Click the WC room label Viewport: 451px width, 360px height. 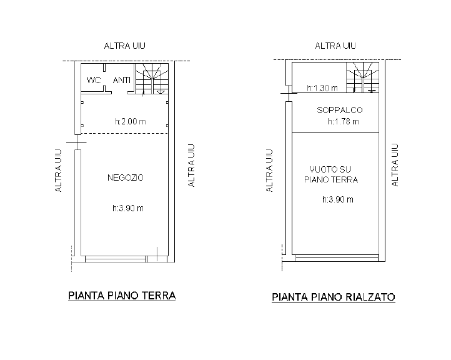[x=94, y=80]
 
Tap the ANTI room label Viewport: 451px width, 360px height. [x=121, y=80]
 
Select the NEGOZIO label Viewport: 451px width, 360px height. [x=126, y=177]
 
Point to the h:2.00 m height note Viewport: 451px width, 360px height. [x=131, y=122]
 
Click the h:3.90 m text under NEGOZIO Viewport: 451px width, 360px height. [x=127, y=208]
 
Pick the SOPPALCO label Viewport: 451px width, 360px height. [x=340, y=110]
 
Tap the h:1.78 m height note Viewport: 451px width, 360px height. [x=344, y=121]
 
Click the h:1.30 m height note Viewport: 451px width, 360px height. [x=322, y=88]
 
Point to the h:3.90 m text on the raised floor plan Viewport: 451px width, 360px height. [x=338, y=200]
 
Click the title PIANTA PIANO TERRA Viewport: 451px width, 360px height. [x=121, y=296]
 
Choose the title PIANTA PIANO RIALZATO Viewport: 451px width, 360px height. [x=334, y=297]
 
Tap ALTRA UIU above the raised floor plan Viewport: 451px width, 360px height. [x=335, y=46]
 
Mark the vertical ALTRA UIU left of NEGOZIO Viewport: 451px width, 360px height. [x=59, y=170]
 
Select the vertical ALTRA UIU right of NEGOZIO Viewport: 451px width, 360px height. [x=192, y=165]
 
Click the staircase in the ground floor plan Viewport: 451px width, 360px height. [x=154, y=79]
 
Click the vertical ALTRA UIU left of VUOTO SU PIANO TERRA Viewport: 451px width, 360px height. [x=270, y=170]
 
